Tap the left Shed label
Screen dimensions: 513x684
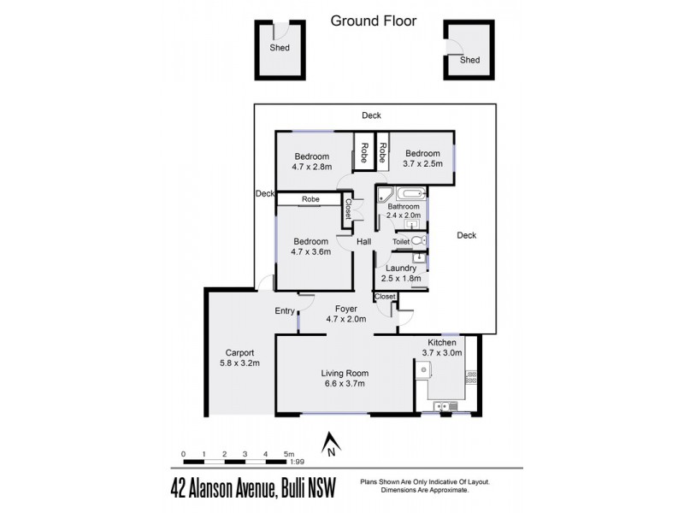(280, 48)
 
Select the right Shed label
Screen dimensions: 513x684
(469, 60)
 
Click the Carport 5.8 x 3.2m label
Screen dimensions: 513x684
(243, 357)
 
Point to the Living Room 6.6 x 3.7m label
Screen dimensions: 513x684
(344, 379)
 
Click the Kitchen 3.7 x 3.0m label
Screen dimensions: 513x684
(443, 347)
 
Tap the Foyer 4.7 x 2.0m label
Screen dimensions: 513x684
(345, 314)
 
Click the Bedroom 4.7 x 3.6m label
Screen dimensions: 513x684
(311, 247)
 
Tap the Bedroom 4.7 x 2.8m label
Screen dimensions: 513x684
(312, 162)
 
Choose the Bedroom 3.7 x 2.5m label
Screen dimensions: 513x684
(423, 157)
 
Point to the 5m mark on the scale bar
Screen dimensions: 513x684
(289, 454)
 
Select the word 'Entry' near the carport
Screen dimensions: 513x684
(285, 311)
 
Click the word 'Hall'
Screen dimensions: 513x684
(363, 243)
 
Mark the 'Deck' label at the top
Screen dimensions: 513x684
(371, 115)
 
